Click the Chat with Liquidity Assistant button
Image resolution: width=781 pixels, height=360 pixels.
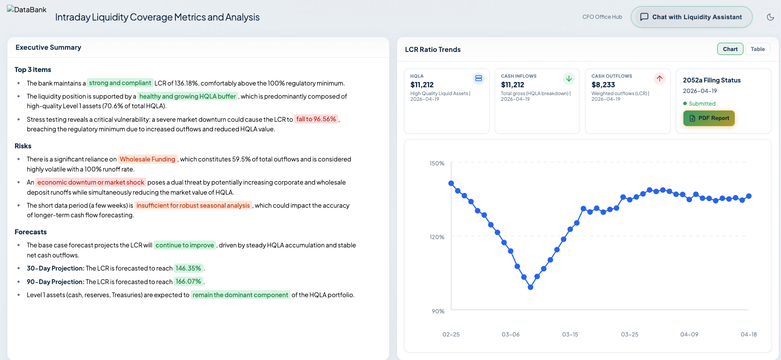692,17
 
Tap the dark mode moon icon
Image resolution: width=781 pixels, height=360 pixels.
771,17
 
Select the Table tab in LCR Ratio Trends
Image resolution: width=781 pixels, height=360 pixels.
757,49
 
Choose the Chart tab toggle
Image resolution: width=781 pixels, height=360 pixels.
730,49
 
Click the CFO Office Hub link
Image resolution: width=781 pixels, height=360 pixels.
602,17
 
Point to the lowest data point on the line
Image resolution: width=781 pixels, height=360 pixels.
531,287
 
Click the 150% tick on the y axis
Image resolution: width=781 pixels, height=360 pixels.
437,164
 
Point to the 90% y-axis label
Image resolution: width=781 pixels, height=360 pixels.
438,312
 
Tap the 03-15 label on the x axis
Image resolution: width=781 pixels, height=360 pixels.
570,335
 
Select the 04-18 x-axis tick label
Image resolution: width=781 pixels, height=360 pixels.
749,335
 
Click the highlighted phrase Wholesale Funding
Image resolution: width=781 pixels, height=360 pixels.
147,159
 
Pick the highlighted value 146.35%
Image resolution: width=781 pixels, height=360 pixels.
188,268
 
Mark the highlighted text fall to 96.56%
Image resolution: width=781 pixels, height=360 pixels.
316,119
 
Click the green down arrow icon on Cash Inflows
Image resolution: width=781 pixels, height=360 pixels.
569,79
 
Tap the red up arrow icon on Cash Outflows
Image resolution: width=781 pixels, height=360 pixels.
659,79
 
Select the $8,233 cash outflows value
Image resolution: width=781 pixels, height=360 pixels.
603,85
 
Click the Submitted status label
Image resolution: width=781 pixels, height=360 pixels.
702,104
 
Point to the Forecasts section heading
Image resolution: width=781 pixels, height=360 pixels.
31,232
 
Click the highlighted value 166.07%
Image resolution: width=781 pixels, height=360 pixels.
188,282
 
